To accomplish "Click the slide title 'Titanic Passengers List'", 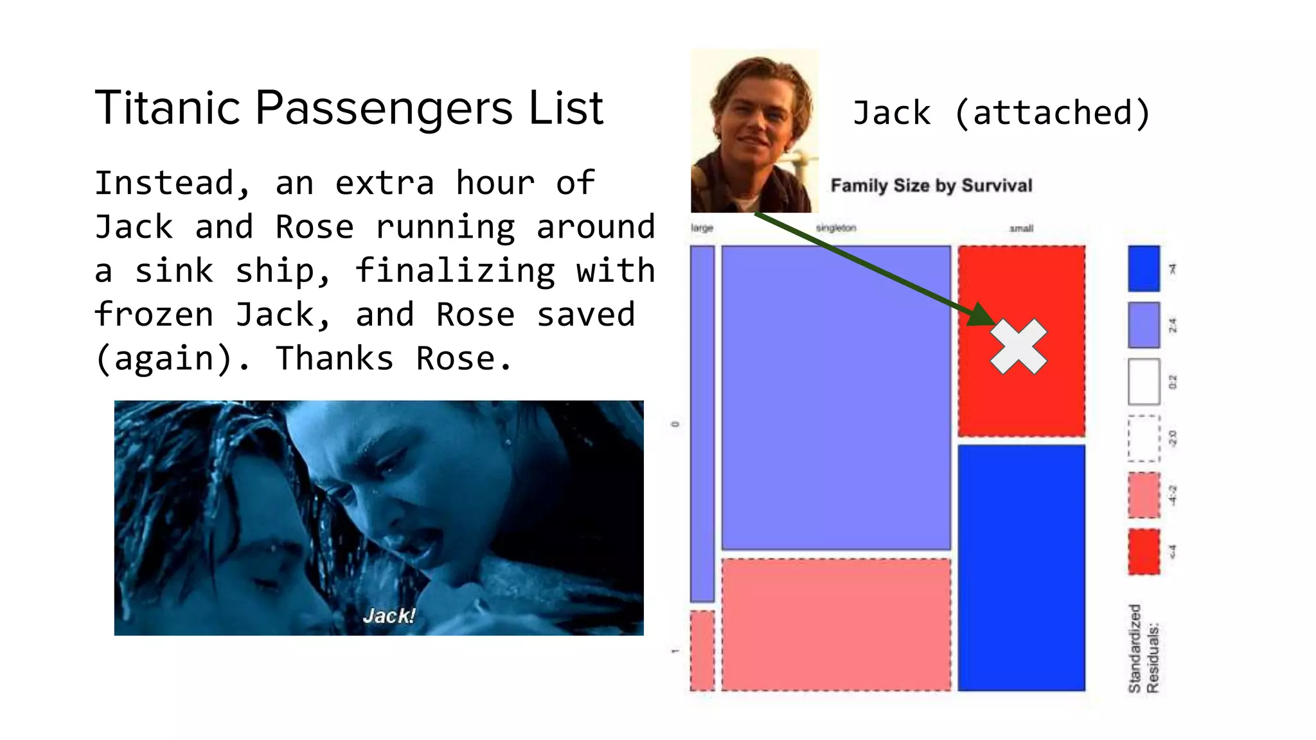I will tap(349, 108).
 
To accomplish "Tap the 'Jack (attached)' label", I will tap(1000, 113).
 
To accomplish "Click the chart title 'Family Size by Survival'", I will tap(931, 186).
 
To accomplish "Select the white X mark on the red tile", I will tap(1018, 346).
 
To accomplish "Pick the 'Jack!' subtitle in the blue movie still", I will tap(389, 615).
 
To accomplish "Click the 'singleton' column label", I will tap(835, 228).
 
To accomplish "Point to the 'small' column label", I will tap(1021, 229).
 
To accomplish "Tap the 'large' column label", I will tap(702, 228).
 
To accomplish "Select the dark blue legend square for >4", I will tap(1144, 269).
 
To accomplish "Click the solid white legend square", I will tap(1144, 382).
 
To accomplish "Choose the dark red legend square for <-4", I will tap(1144, 551).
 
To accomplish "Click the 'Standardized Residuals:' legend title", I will tap(1144, 649).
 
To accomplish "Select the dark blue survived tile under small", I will tap(1021, 567).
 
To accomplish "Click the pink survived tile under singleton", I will tap(835, 624).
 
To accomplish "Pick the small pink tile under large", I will tap(702, 650).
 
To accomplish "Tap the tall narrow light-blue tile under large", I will tap(702, 424).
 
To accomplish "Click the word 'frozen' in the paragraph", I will tap(154, 315).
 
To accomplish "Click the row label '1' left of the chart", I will tap(675, 651).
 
